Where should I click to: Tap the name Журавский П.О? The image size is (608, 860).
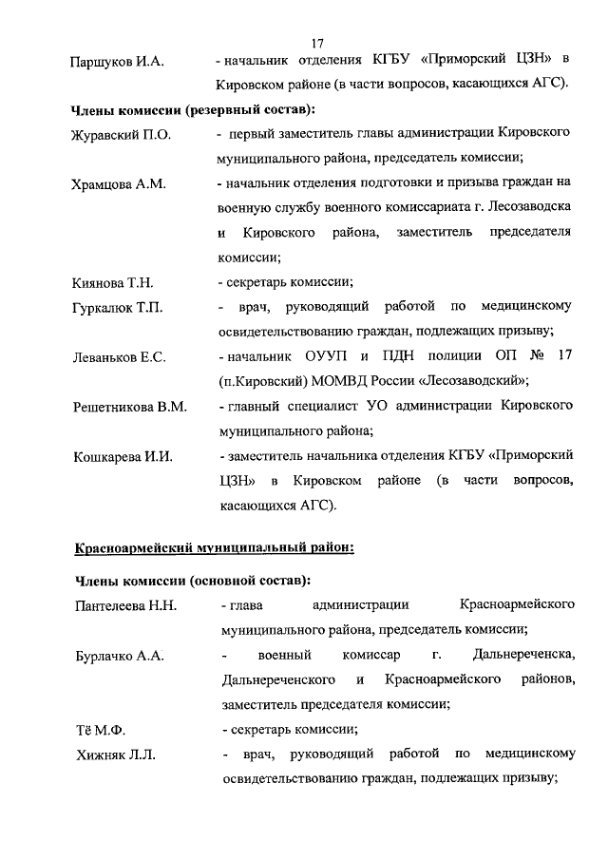pyautogui.click(x=121, y=136)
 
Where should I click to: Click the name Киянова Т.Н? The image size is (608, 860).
pyautogui.click(x=113, y=283)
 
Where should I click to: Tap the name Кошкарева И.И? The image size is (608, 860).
pyautogui.click(x=123, y=456)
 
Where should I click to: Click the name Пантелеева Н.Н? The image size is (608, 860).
pyautogui.click(x=124, y=605)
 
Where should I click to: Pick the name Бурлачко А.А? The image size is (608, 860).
pyautogui.click(x=118, y=657)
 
